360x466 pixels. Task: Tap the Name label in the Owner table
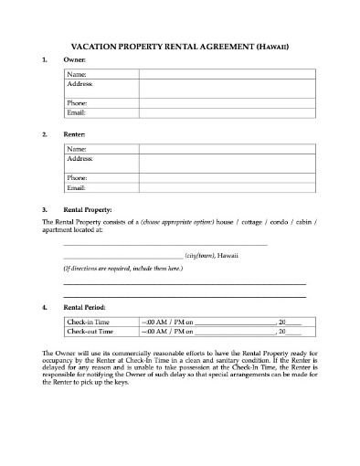(x=77, y=73)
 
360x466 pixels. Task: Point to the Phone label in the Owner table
(x=78, y=103)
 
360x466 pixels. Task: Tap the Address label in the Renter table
(x=80, y=157)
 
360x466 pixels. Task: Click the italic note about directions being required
(x=122, y=270)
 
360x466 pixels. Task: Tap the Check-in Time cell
(x=87, y=323)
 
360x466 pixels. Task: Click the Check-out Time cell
(x=89, y=333)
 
